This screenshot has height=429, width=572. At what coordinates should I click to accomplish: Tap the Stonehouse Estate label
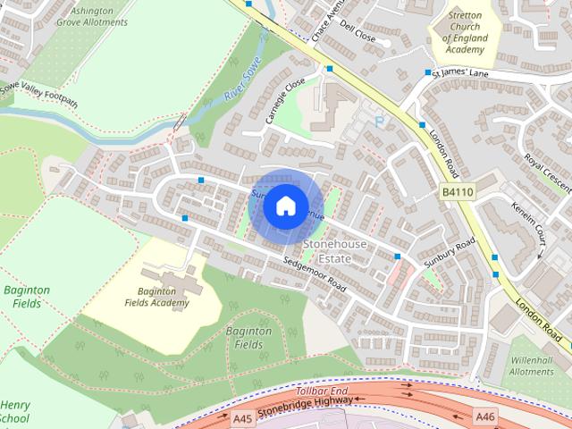coord(326,250)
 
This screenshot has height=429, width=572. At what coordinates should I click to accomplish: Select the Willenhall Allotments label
coord(532,365)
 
